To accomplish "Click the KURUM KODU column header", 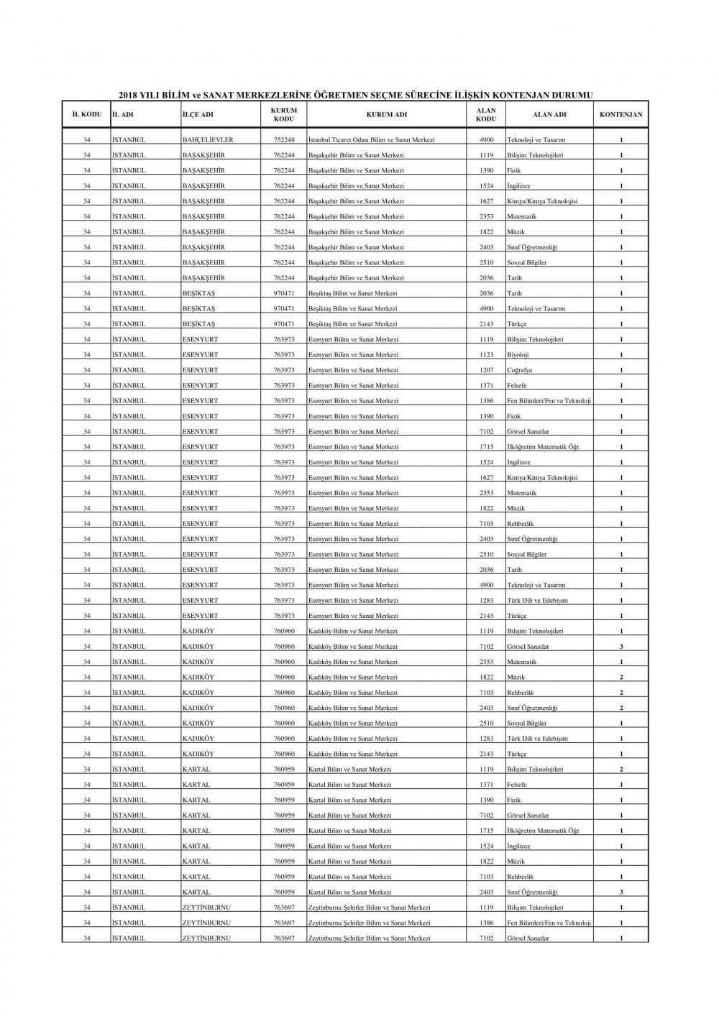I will (x=283, y=114).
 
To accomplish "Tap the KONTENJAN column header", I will (x=621, y=114).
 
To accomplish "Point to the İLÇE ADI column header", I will (x=198, y=114).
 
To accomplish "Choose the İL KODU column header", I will (x=86, y=114).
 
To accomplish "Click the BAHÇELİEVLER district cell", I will (x=208, y=139).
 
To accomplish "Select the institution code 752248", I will (x=284, y=139).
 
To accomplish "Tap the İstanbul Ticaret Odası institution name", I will (x=371, y=139).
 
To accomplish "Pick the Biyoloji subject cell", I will (x=518, y=355).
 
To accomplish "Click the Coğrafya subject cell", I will (x=519, y=370).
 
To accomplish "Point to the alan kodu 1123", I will (x=487, y=355).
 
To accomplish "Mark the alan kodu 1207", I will (x=487, y=370).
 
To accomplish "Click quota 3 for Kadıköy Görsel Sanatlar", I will (x=621, y=647).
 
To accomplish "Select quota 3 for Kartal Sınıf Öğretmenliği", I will (x=621, y=892).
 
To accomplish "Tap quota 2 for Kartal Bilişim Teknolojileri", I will (x=621, y=770).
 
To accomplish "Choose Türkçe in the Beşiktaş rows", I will (x=517, y=324).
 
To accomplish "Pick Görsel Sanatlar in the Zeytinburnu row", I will (x=528, y=938).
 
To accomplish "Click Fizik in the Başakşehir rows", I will (x=514, y=170).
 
